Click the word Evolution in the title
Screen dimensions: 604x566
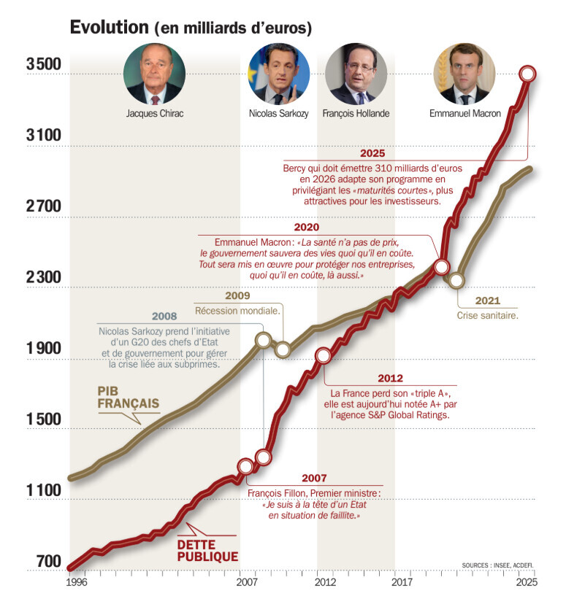[109, 28]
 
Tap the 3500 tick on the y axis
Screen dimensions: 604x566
[43, 64]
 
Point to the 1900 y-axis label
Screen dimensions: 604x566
[43, 349]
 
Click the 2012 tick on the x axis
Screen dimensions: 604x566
[326, 583]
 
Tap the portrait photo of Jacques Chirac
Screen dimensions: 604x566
[154, 73]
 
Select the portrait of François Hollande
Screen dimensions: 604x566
[356, 73]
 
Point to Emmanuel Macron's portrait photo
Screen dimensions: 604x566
[464, 73]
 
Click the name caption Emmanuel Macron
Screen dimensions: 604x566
[464, 114]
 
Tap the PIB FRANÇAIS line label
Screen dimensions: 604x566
[128, 398]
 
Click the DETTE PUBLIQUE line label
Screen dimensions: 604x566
[207, 550]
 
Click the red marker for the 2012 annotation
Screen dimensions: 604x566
[324, 355]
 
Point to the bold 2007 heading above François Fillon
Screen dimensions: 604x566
[313, 479]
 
